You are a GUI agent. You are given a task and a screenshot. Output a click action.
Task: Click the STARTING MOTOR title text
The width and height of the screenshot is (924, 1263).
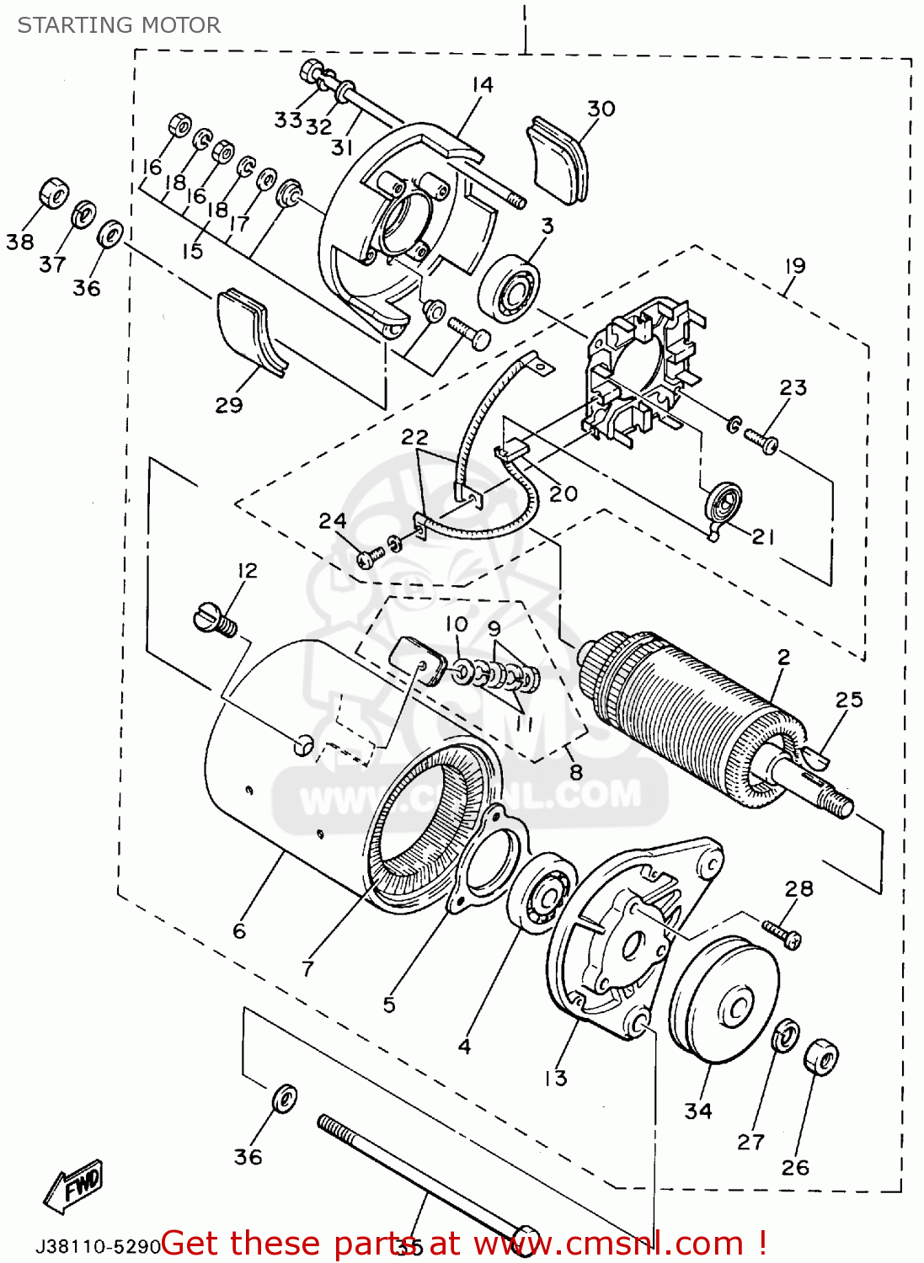(x=119, y=25)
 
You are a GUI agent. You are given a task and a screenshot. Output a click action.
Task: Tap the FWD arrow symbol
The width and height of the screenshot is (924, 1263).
(x=74, y=1186)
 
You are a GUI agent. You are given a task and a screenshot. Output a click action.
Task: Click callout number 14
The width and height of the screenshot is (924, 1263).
(x=482, y=85)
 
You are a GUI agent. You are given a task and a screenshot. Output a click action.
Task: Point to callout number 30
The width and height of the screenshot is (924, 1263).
(x=601, y=109)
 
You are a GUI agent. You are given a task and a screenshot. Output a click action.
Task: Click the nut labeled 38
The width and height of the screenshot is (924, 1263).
(x=53, y=194)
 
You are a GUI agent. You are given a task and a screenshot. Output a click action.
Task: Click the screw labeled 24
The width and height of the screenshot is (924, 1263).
(x=370, y=557)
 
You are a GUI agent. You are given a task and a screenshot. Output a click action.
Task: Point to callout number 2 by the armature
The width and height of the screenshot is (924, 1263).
(x=783, y=657)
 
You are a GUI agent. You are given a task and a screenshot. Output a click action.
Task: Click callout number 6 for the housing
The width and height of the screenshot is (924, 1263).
(x=239, y=930)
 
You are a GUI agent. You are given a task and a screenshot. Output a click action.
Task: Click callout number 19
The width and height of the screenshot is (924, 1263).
(x=794, y=266)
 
